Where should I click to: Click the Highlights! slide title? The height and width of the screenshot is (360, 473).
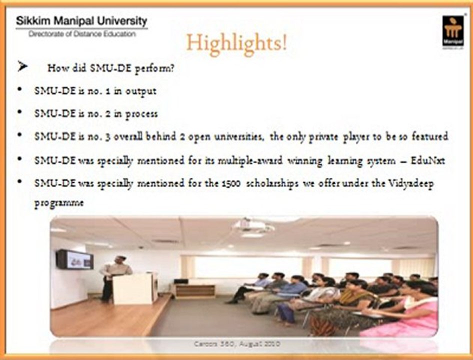pos(237,43)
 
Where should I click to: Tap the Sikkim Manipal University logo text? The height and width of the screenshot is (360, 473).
pos(81,21)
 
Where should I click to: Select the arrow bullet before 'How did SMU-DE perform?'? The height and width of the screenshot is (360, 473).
pos(21,67)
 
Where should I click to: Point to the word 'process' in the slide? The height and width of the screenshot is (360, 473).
pos(141,113)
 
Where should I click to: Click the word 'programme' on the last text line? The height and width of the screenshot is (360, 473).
pos(59,204)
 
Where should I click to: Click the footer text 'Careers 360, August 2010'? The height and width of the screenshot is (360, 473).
pos(236,344)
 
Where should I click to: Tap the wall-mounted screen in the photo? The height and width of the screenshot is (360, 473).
pos(74,259)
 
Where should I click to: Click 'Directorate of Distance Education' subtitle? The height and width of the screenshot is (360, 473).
pos(81,33)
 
